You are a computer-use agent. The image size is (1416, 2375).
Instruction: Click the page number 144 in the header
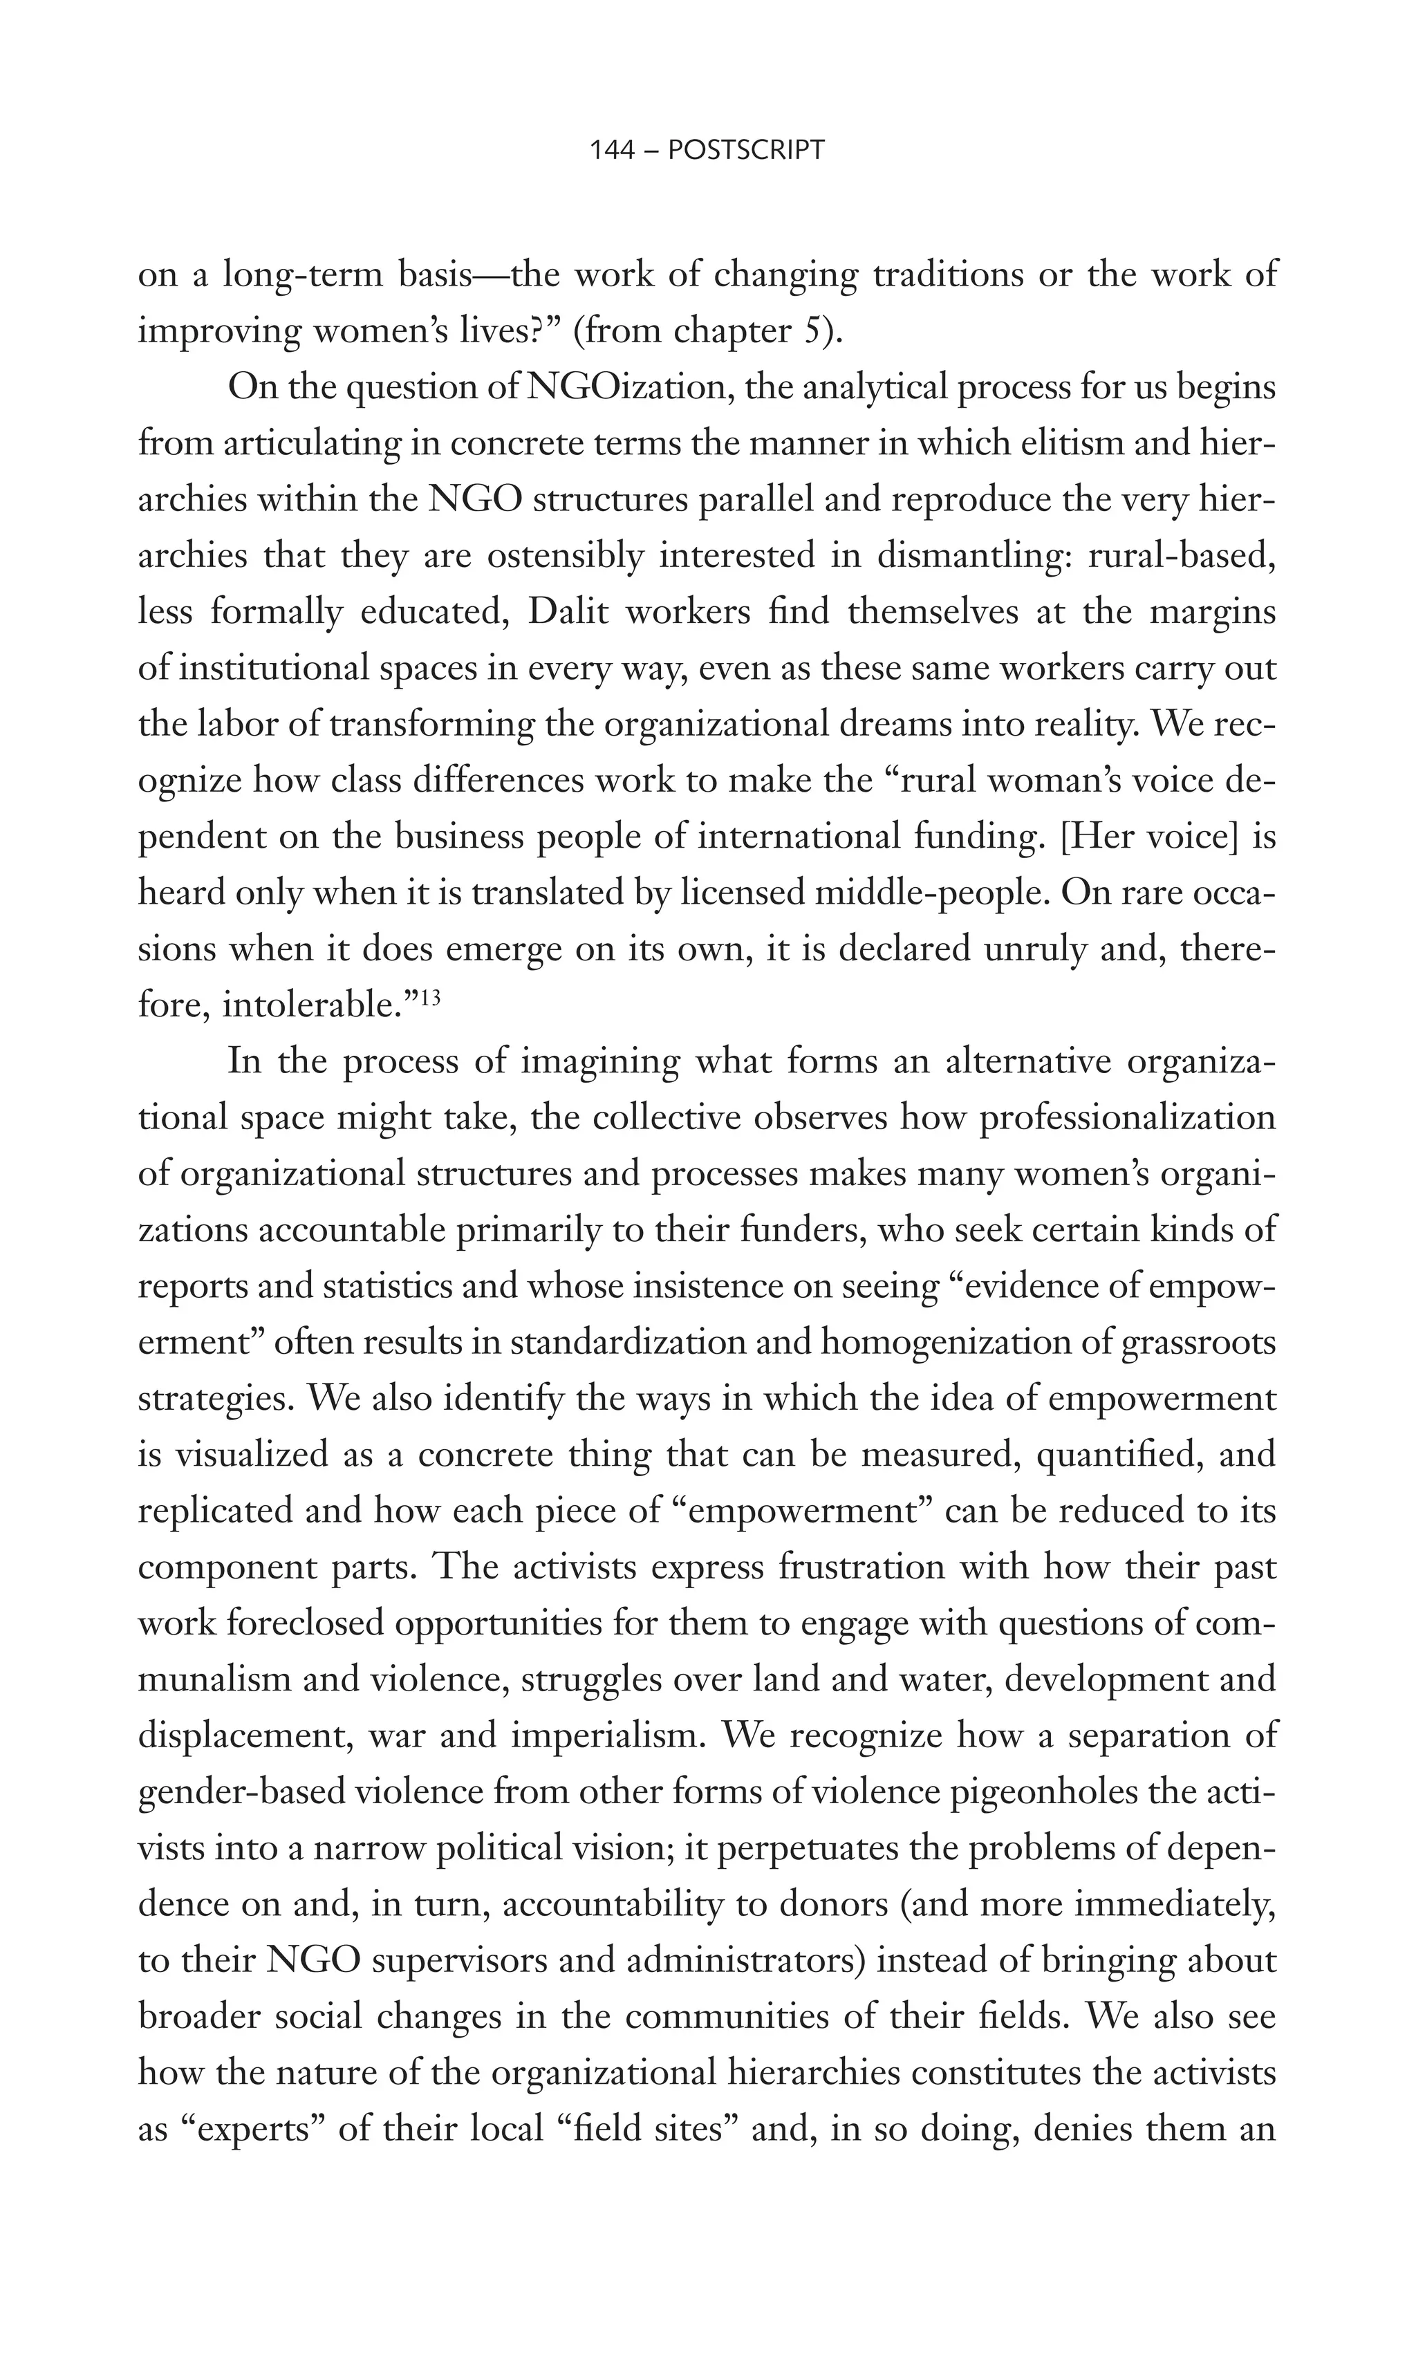point(612,151)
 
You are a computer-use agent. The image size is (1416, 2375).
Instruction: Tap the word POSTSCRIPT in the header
point(746,151)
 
